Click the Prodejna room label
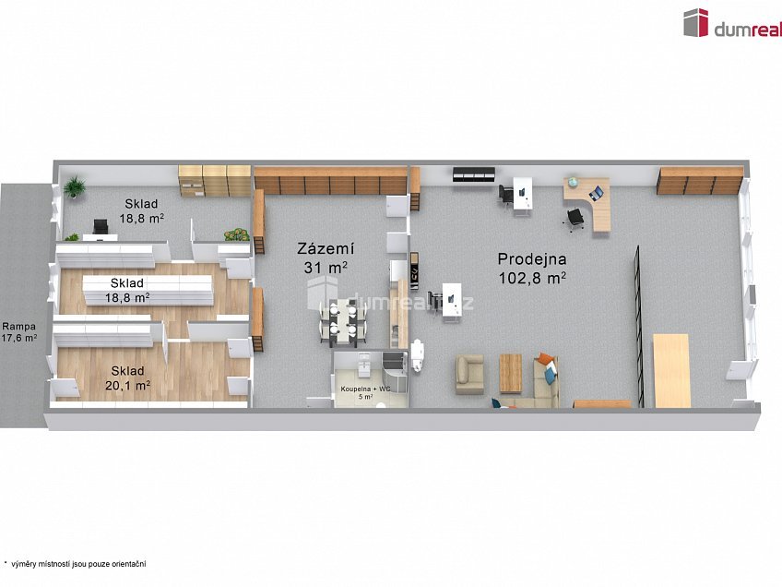pos(532,259)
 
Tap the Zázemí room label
pos(326,248)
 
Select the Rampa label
pos(19,327)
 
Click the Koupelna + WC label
pos(366,389)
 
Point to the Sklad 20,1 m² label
pos(127,377)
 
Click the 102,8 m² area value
pos(532,278)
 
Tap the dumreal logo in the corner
pos(732,23)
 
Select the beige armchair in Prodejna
pos(469,374)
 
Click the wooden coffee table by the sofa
pos(510,373)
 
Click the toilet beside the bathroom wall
pos(417,355)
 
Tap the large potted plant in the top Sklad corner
pos(75,186)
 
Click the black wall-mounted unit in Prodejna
pos(473,174)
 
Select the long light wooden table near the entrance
pos(671,370)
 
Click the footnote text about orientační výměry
pos(75,564)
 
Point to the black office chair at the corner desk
pos(575,219)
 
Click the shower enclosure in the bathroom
pos(394,367)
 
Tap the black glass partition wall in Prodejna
pos(638,326)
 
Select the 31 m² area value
pos(326,268)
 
